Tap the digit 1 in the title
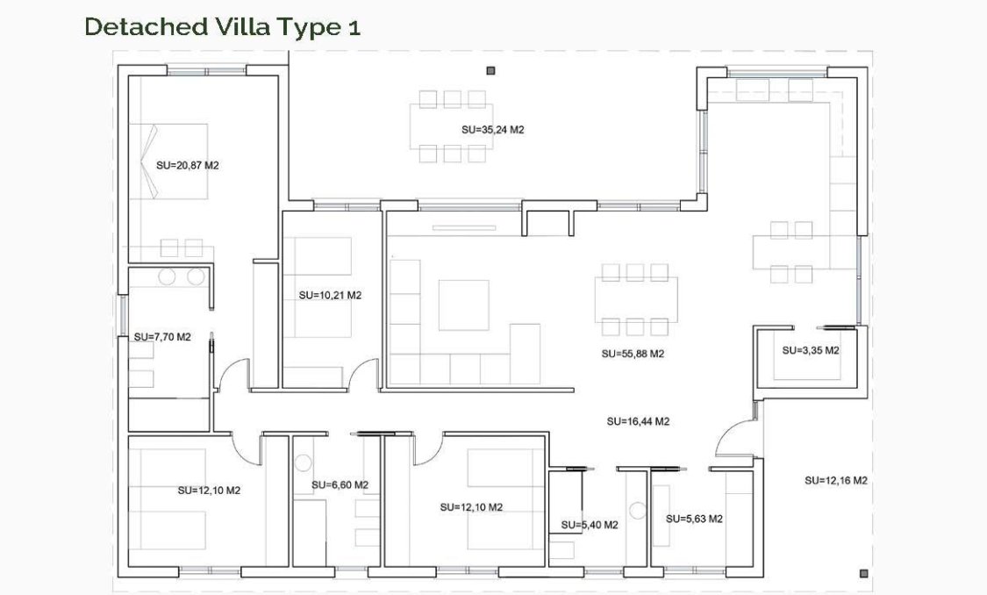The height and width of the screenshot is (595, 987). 354,28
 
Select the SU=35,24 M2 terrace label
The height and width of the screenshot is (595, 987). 492,129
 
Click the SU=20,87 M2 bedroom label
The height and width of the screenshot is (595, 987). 187,165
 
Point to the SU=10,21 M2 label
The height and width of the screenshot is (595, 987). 330,296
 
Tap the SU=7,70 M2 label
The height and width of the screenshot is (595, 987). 162,336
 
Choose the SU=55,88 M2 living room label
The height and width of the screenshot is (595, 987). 633,355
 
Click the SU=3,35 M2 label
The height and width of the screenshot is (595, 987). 811,350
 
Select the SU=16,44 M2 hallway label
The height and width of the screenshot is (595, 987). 638,421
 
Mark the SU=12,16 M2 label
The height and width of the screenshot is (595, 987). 836,480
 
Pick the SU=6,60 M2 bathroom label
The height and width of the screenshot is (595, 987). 340,484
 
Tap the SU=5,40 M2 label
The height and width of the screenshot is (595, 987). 590,525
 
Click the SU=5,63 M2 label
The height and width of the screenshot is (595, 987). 694,519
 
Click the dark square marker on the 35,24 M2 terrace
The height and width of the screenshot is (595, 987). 490,71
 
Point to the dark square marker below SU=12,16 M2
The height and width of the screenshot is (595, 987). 863,573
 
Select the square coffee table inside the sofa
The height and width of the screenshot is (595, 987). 463,305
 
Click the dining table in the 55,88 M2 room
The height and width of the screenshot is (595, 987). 636,300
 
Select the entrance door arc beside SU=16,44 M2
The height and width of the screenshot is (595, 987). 733,438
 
